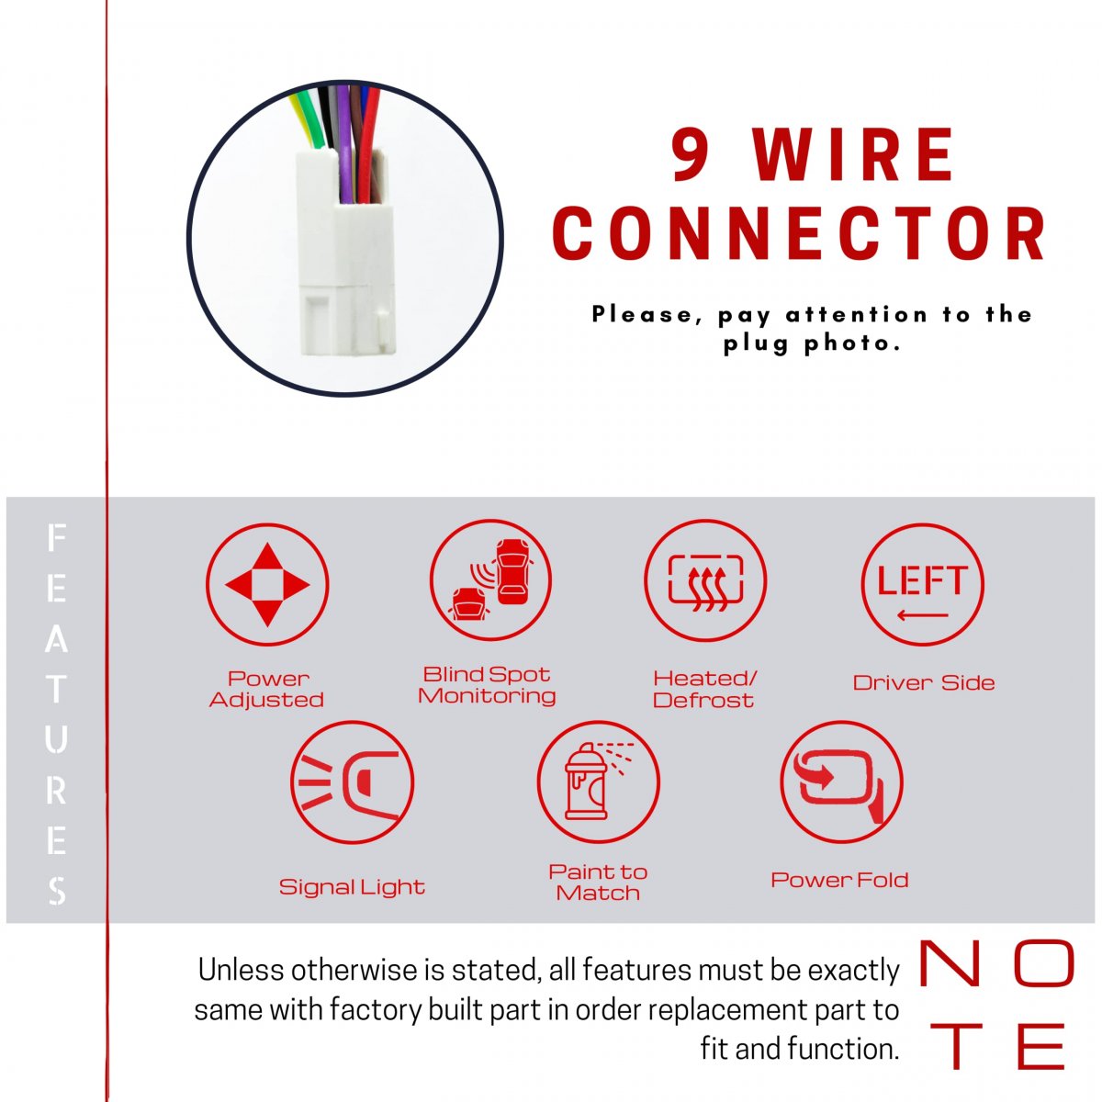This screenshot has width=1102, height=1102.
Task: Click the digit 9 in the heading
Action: (692, 154)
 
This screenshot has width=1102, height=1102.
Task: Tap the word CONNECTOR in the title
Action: (800, 233)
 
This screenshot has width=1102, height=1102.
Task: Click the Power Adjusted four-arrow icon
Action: (267, 584)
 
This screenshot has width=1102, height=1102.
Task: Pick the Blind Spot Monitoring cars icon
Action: (490, 579)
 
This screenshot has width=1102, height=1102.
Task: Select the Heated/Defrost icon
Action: (705, 579)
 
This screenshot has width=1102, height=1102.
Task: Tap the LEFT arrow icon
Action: (922, 584)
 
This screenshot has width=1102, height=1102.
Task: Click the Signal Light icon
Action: (352, 782)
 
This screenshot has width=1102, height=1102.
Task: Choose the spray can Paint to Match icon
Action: (598, 782)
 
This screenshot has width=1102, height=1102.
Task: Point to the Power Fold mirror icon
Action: (841, 782)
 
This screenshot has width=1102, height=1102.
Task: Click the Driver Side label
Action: (924, 683)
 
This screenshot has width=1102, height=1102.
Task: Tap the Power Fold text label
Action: (839, 880)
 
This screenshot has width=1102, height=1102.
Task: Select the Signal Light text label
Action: (352, 887)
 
